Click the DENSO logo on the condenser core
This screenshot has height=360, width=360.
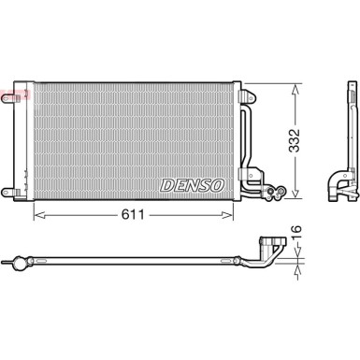(x=192, y=185)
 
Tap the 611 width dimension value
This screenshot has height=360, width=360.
(x=133, y=214)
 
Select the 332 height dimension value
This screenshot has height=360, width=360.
(x=294, y=140)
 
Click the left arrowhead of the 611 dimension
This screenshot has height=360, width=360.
(x=39, y=215)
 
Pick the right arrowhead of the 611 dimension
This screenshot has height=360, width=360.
(x=227, y=215)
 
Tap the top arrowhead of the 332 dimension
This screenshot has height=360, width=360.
(x=295, y=90)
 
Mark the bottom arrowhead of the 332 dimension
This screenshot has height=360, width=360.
(x=295, y=192)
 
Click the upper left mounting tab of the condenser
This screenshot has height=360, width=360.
(x=8, y=98)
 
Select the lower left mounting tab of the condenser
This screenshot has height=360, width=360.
(x=8, y=192)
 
